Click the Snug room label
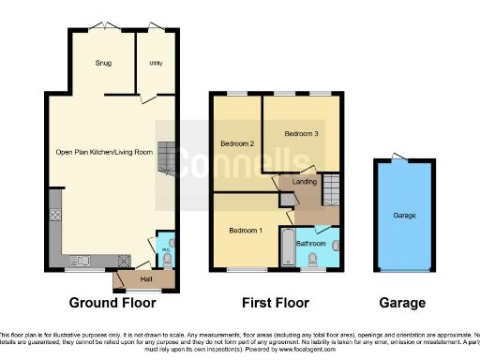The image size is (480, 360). coord(103,64)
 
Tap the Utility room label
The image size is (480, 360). coord(155,64)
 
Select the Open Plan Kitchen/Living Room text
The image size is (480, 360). coord(104,152)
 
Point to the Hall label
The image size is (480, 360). coord(146,278)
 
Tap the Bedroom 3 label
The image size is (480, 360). coord(302,134)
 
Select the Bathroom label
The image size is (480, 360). coord(309,243)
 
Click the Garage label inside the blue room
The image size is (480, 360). coord(404,216)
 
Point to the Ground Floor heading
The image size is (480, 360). coord(112,303)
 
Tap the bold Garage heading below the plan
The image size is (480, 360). coord(404,303)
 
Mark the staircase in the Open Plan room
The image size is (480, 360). coord(166,158)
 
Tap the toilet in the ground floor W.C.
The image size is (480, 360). coord(167,262)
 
